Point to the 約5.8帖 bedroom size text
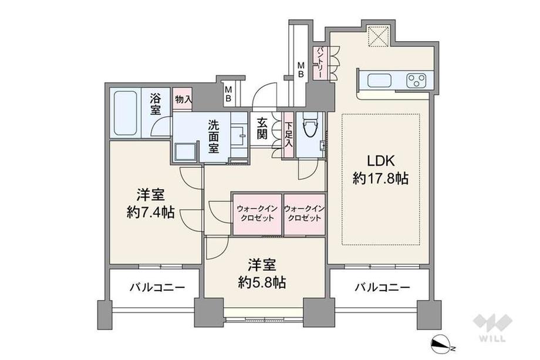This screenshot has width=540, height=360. (x=262, y=282)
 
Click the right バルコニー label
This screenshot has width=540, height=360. (x=382, y=288)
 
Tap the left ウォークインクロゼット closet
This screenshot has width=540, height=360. (x=256, y=213)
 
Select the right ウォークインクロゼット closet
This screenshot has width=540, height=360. (x=304, y=213)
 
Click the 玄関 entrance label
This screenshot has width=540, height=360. (x=262, y=128)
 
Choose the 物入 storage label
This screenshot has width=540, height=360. (x=183, y=99)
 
